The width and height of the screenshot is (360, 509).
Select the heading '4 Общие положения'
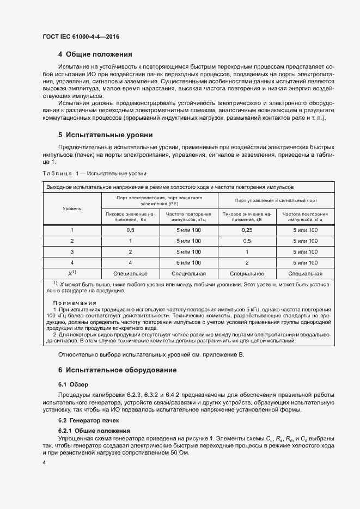[95, 54]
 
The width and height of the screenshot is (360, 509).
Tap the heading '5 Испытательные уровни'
[105, 134]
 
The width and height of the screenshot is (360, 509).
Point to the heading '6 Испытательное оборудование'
[117, 370]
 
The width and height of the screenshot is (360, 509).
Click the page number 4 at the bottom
[44, 462]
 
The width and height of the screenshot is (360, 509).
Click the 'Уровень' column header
[72, 208]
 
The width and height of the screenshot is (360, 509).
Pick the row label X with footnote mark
[72, 274]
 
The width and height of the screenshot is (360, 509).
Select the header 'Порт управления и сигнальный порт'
[276, 200]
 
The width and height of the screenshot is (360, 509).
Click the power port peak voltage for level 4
[130, 263]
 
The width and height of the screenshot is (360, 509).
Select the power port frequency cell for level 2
[188, 241]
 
